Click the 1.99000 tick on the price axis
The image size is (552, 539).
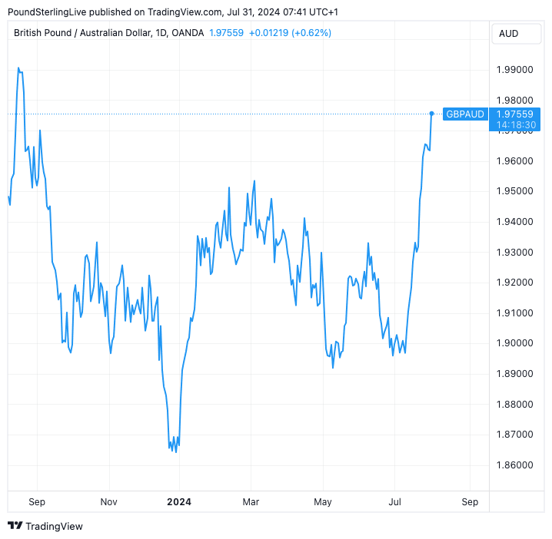[514, 70]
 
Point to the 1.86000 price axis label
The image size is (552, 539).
[514, 465]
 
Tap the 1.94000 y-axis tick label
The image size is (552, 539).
[514, 222]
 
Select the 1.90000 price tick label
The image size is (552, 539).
[514, 343]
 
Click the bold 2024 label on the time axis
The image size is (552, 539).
[179, 502]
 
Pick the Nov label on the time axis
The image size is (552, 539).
[108, 502]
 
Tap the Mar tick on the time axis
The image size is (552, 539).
[251, 502]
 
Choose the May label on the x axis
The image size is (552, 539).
[323, 502]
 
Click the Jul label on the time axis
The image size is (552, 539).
[395, 502]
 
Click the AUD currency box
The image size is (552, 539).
[508, 33]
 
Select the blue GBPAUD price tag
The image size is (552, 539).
[465, 114]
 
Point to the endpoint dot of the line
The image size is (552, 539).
[432, 114]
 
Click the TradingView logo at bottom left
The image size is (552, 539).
[45, 526]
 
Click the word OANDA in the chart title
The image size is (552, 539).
[188, 33]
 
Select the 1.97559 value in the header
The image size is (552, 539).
[226, 33]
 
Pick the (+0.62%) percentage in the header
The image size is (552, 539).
[311, 33]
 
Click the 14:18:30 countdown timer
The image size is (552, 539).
[516, 124]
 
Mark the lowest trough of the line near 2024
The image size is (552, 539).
[176, 451]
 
